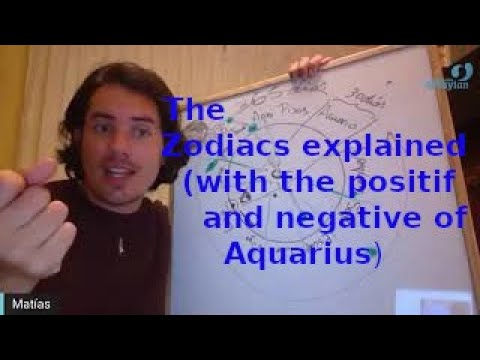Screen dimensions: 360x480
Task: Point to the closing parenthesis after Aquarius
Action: coord(375,256)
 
